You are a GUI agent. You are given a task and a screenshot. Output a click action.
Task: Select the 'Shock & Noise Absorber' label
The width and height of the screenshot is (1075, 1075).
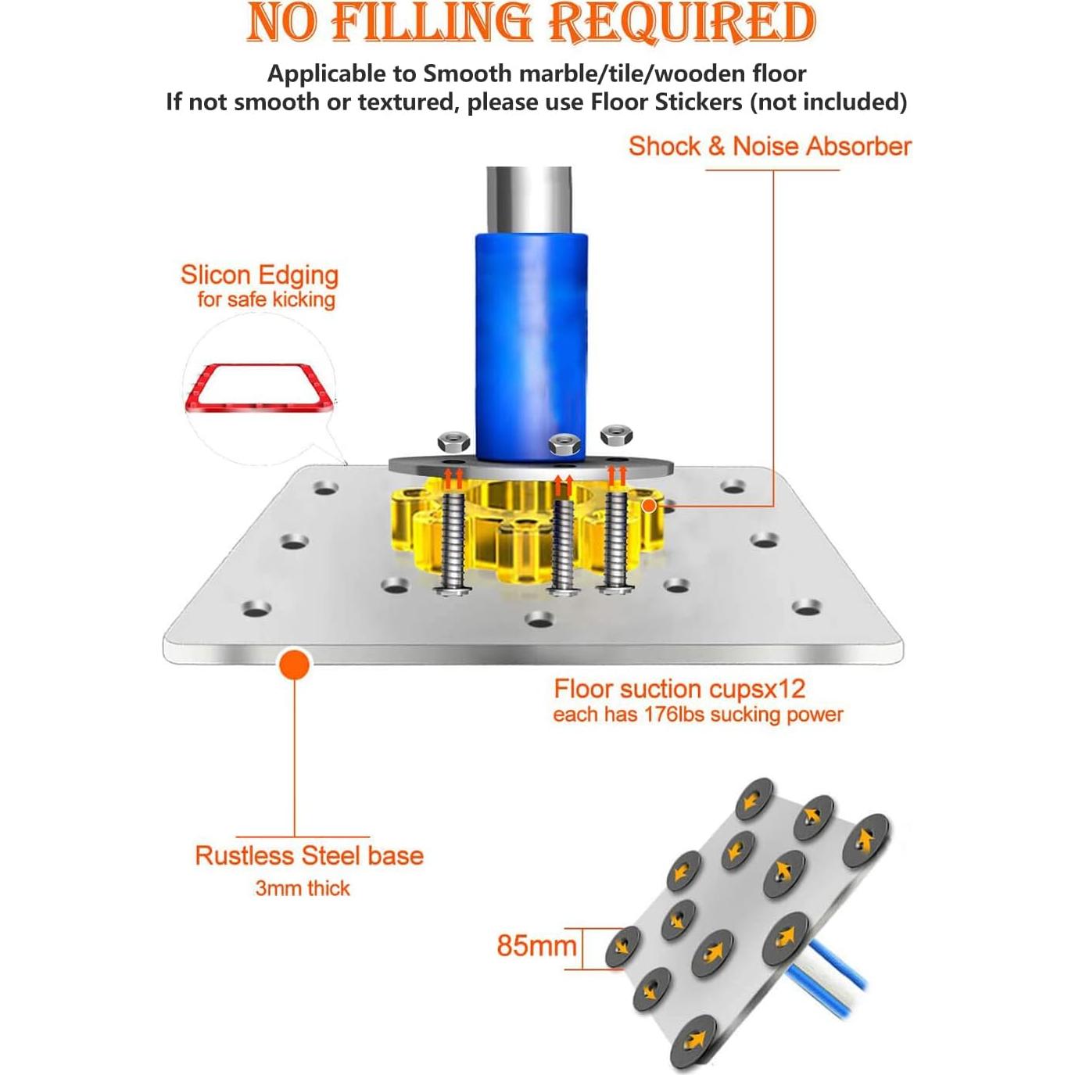pos(769,146)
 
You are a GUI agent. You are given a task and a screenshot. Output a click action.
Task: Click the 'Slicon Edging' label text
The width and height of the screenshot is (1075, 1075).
pos(259,274)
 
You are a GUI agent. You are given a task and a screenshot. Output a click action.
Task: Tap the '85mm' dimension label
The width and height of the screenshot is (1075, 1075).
pos(536,945)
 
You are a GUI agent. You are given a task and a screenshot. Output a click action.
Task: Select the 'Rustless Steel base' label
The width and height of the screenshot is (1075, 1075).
pos(309,855)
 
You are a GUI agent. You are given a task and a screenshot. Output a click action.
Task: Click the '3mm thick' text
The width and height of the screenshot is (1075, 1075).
pos(303,888)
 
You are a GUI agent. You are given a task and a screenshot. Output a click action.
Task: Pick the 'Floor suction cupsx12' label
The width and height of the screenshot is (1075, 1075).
pos(679,689)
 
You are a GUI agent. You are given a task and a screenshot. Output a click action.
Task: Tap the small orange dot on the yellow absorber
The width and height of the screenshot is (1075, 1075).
pos(648,506)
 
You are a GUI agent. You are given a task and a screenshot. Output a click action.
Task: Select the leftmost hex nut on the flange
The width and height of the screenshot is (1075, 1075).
pos(453,442)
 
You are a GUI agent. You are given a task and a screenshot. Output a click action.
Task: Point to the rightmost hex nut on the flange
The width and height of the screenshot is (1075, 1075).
pos(615,435)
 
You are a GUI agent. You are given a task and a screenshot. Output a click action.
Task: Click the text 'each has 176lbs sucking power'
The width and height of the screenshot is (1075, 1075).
pos(697,715)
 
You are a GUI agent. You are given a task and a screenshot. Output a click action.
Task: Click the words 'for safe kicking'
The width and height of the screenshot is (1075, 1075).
pos(266,299)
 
